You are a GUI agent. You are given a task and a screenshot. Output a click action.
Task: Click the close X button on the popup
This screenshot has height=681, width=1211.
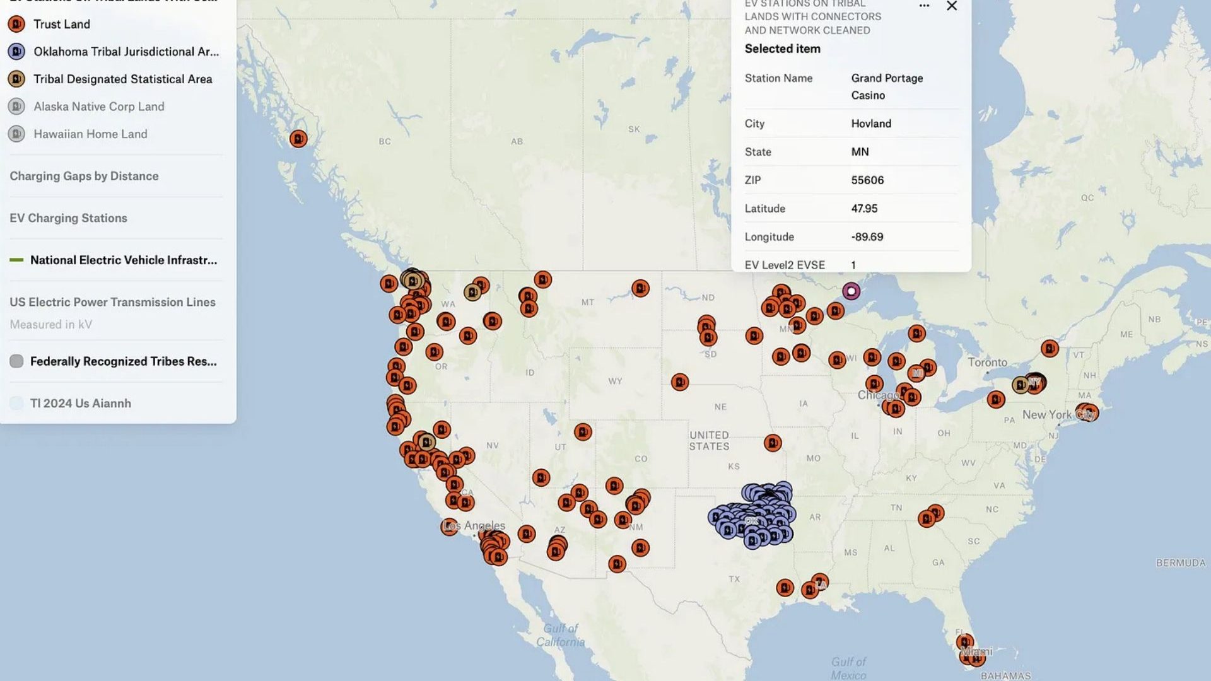(952, 6)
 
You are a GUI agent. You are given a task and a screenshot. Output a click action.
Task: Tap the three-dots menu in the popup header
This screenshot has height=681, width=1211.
(924, 6)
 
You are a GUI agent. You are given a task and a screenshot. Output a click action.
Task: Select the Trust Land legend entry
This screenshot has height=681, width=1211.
(61, 24)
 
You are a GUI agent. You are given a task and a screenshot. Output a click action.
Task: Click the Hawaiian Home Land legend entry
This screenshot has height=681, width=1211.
(90, 134)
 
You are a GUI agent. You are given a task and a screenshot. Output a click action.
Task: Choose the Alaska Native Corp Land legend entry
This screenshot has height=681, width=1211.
(98, 107)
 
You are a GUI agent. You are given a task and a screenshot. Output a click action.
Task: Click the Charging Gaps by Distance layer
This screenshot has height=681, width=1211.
(84, 176)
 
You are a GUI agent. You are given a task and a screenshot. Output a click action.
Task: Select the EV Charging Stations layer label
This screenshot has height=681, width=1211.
(68, 218)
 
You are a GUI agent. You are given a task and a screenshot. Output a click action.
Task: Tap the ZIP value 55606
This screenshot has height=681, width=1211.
(867, 180)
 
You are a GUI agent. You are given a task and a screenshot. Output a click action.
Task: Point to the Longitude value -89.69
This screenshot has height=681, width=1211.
(867, 237)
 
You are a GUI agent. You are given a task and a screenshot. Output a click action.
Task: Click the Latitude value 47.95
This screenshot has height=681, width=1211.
(864, 209)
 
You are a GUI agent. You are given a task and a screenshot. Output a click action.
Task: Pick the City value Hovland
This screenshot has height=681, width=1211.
(871, 124)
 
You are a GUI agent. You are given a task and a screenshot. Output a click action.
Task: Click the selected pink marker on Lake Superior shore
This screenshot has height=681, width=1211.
(851, 291)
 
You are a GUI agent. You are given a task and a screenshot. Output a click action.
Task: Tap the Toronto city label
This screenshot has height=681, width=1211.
(987, 363)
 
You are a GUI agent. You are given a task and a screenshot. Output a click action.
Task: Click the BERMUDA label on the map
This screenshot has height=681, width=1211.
(1180, 562)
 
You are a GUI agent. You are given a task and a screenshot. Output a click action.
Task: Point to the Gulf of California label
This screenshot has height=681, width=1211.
(561, 635)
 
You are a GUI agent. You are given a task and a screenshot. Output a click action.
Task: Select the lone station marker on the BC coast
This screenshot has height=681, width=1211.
(298, 139)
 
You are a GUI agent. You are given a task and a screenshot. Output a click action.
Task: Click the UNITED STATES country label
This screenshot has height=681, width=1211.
(709, 441)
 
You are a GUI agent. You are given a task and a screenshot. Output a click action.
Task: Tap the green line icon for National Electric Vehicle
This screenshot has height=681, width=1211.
(16, 260)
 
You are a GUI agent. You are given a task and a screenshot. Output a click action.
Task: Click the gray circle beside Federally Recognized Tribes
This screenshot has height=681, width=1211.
(16, 361)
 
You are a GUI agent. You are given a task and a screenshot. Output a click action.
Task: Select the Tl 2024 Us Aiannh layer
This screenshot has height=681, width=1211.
(80, 404)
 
